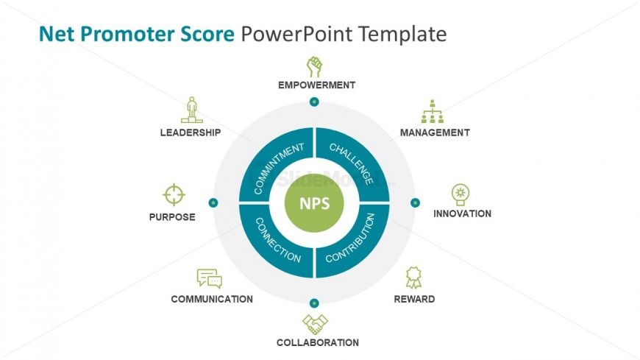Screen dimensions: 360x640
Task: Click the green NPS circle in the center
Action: tap(314, 202)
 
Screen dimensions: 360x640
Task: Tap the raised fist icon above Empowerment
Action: tap(315, 67)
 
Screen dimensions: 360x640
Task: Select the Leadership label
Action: tap(191, 133)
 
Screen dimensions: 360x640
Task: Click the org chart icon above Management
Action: tap(433, 112)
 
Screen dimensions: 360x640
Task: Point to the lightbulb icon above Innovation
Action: tap(461, 194)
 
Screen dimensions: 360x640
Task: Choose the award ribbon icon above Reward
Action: tap(413, 278)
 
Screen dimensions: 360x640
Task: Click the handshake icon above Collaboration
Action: tap(315, 324)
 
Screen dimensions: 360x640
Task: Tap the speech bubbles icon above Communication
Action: tap(210, 278)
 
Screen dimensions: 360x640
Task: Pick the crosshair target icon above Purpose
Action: tap(174, 195)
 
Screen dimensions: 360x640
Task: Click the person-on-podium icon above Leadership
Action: tap(191, 110)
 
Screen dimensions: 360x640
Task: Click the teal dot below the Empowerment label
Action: tap(314, 102)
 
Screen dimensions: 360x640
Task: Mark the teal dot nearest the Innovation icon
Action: tap(415, 202)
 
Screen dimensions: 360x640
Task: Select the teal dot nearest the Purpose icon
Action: tap(213, 202)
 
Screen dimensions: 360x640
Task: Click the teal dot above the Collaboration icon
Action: tap(314, 303)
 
